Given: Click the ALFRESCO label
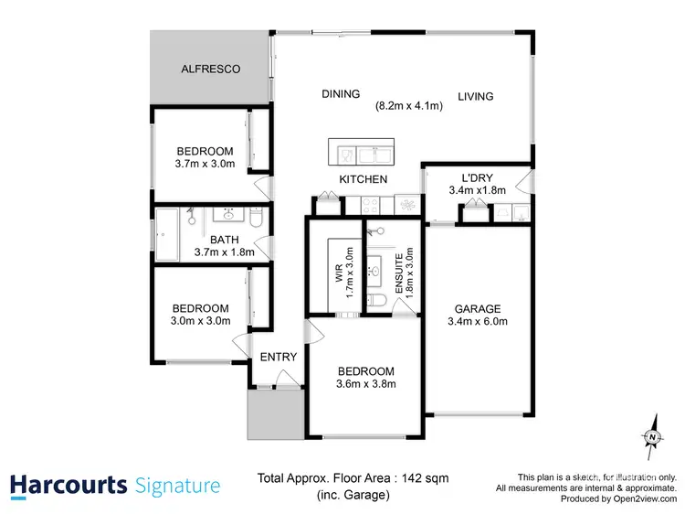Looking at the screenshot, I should pos(209,69).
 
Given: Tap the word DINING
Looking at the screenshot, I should pos(341,94).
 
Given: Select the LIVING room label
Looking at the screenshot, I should pos(475,96).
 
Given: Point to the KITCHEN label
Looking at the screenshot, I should pos(364,179).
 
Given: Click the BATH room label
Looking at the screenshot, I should pos(212,241).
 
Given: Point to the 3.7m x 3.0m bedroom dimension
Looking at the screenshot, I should pos(205,165).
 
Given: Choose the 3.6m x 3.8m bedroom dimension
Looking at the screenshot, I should pos(366,385).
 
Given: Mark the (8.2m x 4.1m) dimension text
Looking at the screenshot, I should pos(409,106).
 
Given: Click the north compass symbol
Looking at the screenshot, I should pos(652,438).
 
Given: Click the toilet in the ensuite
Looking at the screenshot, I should pos(377,301).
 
